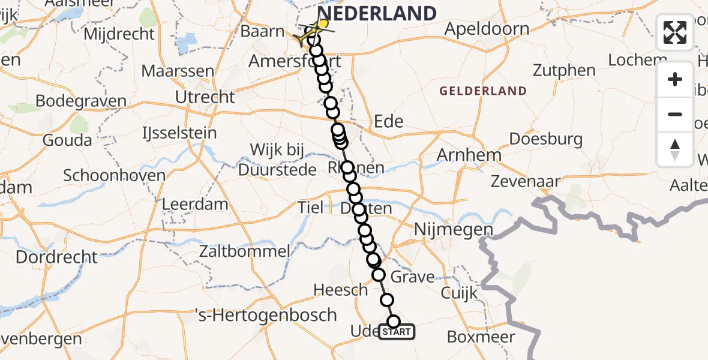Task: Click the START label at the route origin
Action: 396,332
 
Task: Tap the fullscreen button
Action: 675,32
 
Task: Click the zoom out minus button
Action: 675,114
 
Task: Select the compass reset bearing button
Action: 675,149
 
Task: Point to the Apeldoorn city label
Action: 487,29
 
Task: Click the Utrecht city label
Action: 205,97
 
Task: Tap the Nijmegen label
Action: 454,229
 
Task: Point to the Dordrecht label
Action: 56,257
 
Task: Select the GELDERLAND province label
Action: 483,91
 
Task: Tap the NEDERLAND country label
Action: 377,13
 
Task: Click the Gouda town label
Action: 67,140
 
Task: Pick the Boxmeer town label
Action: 481,337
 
